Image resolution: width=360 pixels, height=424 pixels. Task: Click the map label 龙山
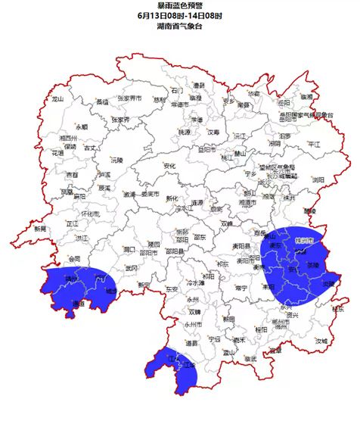click(x=57, y=98)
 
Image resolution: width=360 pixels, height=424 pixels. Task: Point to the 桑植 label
click(x=102, y=101)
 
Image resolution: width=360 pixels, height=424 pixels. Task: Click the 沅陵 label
click(x=116, y=161)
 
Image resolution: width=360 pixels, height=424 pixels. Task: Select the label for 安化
click(x=169, y=165)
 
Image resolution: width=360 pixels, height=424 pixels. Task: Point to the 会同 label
click(x=73, y=258)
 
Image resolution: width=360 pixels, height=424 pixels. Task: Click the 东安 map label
click(x=150, y=288)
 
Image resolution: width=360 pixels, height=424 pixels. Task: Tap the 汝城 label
click(x=321, y=341)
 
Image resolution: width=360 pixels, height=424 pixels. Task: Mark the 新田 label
click(x=228, y=319)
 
